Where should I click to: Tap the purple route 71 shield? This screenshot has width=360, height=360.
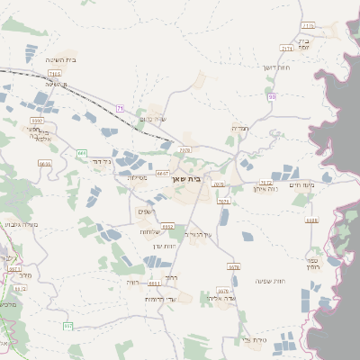tap(120, 108)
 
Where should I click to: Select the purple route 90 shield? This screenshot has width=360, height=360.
tap(272, 95)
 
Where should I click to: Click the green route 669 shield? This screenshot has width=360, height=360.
tap(82, 153)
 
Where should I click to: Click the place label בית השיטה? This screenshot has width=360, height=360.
tap(59, 59)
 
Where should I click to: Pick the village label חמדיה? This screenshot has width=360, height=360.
tap(239, 128)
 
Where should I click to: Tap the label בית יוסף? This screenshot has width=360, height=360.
tap(303, 45)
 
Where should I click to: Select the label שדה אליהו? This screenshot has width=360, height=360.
tap(220, 298)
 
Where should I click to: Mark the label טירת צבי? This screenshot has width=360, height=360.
tap(256, 339)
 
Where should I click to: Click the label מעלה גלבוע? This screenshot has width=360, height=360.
tap(19, 224)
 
